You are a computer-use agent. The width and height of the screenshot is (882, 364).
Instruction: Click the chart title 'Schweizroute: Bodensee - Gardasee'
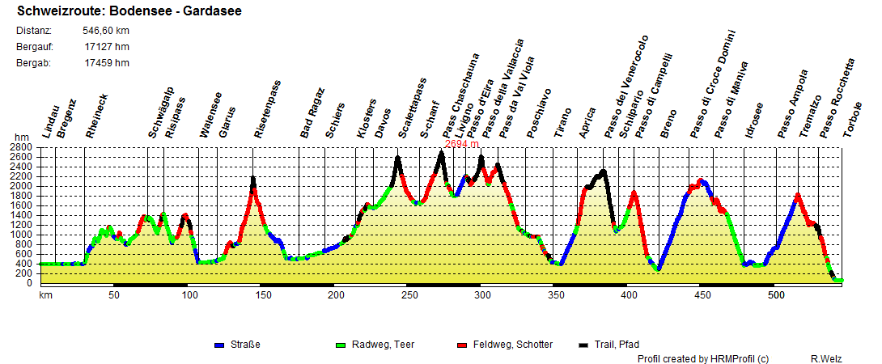[129, 11]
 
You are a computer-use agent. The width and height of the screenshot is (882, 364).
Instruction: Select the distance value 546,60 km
[106, 31]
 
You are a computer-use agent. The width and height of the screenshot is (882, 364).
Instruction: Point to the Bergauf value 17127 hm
[106, 47]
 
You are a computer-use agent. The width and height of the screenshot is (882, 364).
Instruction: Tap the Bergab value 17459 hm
[106, 63]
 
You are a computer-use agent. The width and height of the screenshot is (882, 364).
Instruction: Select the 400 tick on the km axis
[629, 295]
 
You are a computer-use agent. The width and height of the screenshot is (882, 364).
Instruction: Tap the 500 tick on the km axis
[775, 295]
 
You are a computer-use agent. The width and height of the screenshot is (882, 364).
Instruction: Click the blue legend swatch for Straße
[218, 345]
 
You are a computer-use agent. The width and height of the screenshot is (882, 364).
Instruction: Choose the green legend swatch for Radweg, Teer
[340, 345]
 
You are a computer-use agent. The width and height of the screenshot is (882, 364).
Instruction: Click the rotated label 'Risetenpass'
[268, 109]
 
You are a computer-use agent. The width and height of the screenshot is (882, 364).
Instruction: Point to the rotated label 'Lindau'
[50, 122]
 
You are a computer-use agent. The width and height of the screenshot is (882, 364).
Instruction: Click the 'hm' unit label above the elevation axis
[21, 138]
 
